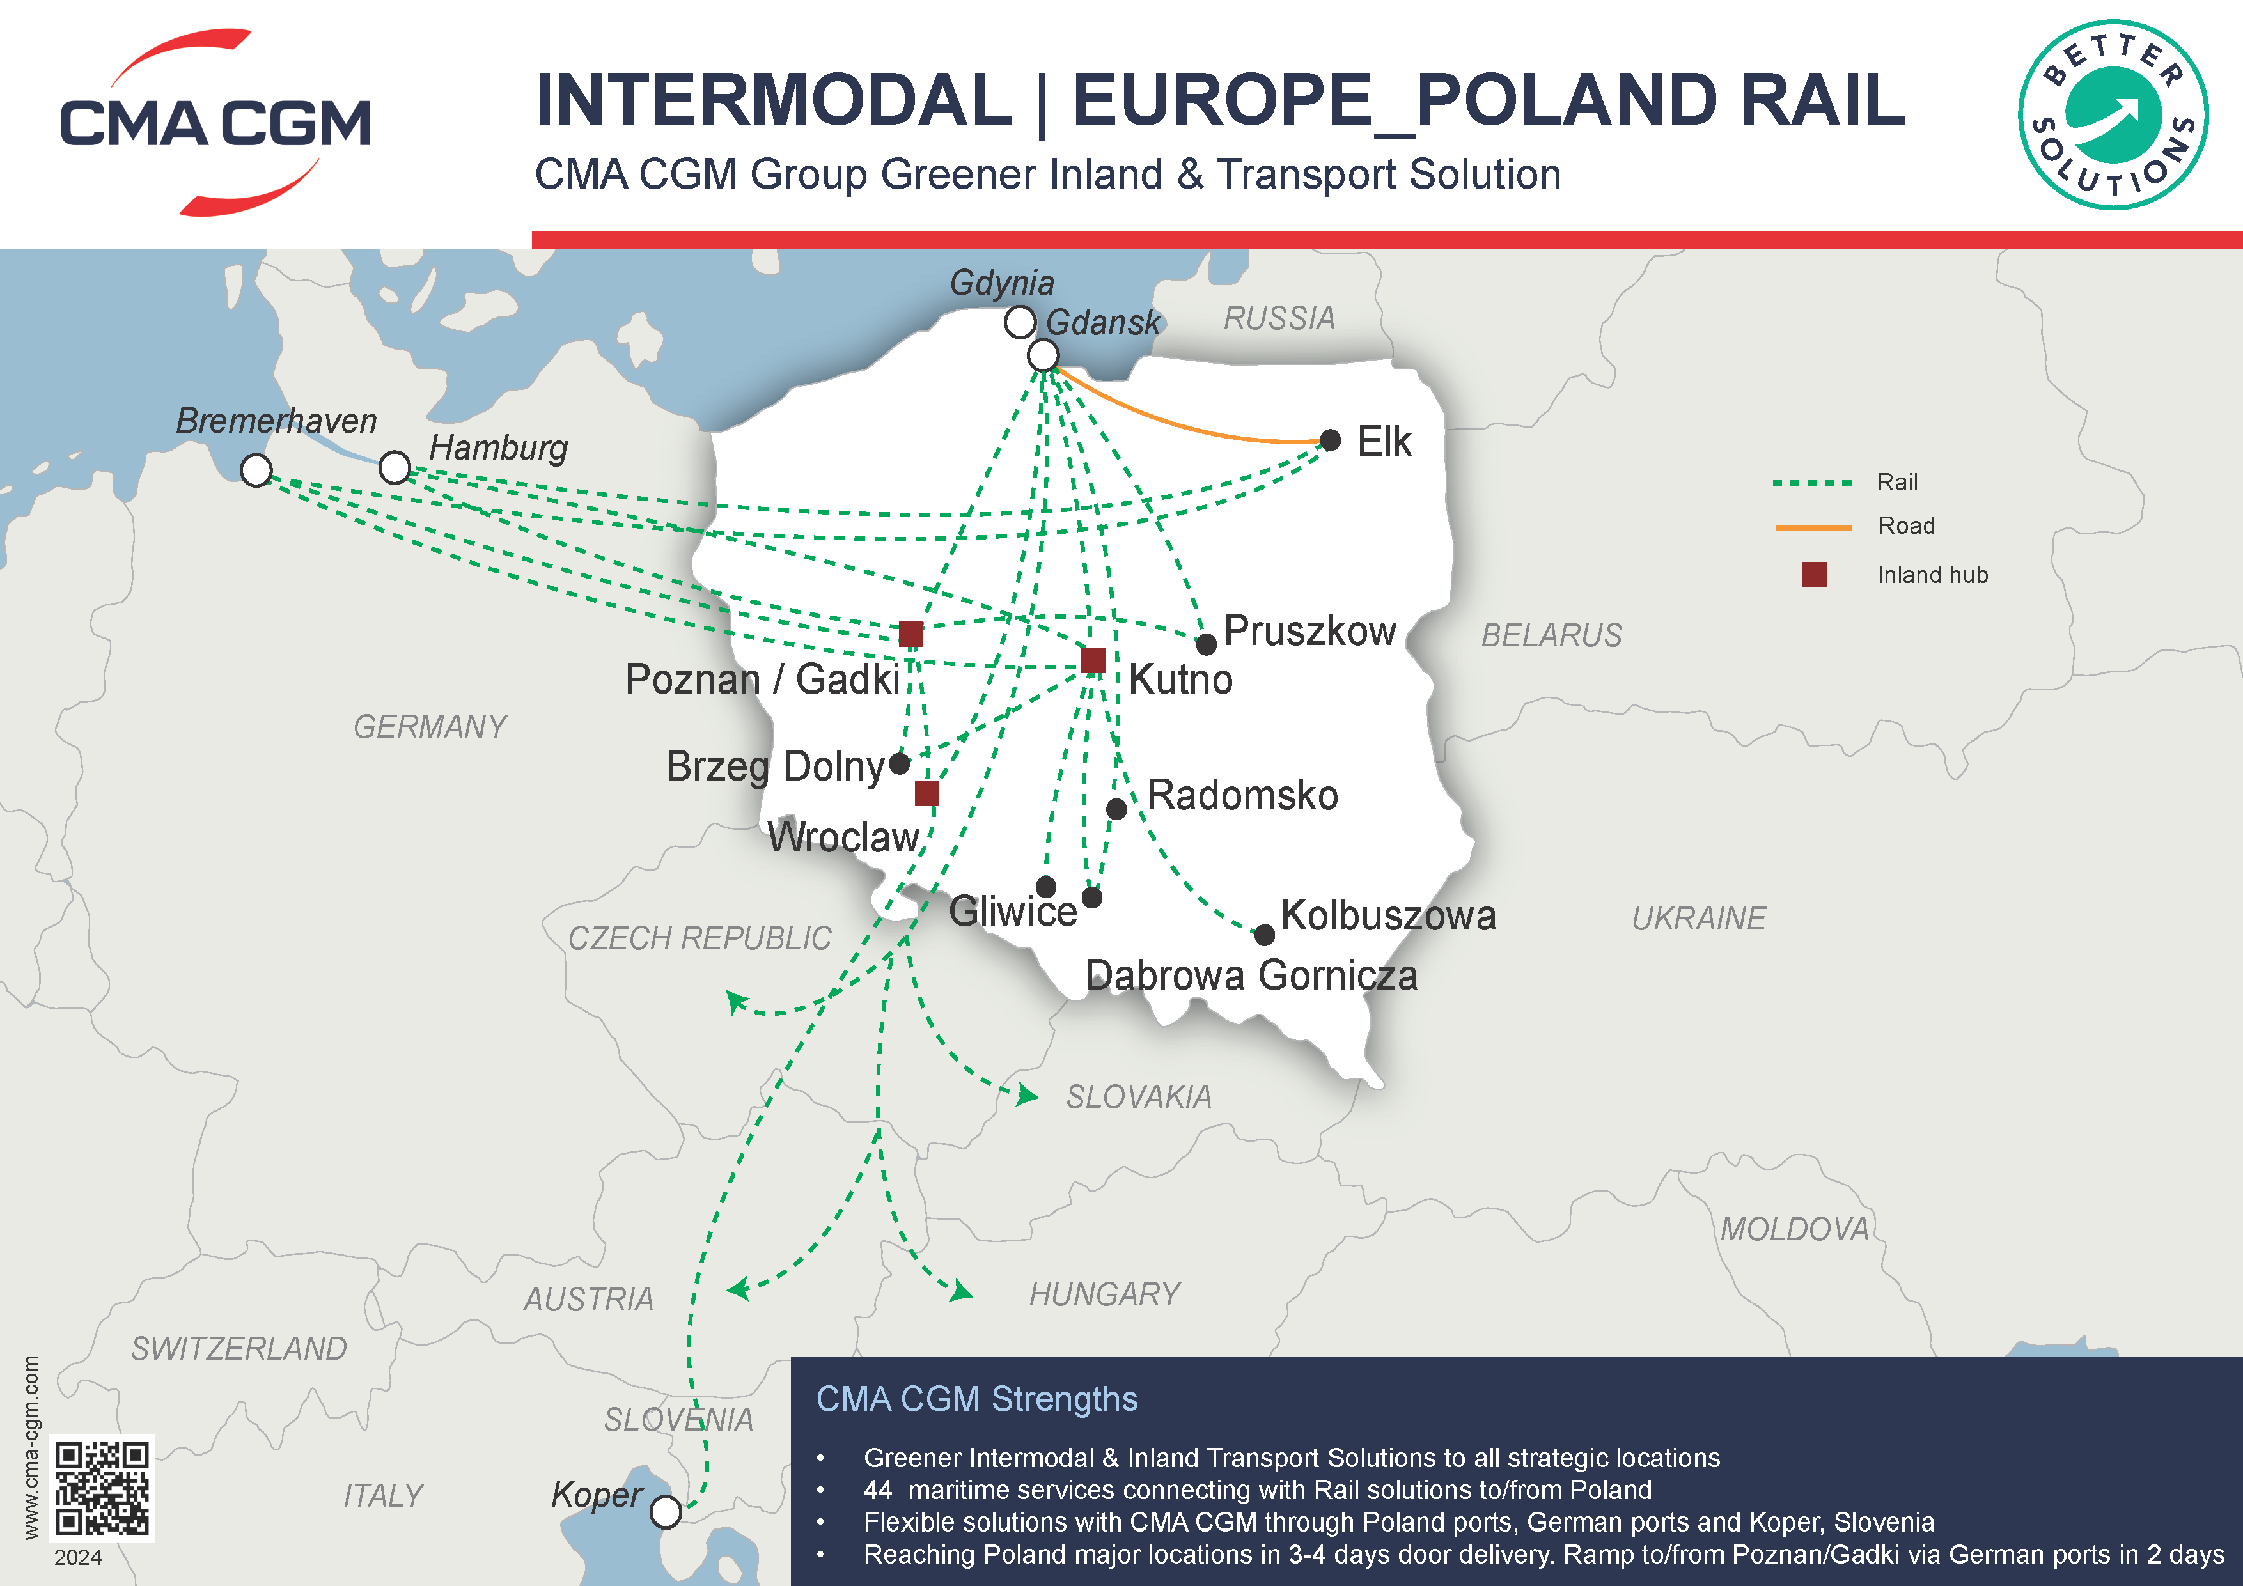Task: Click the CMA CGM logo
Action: (x=215, y=122)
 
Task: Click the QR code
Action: (x=102, y=1488)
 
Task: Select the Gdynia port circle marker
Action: (x=1020, y=322)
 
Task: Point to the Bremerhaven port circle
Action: (x=256, y=470)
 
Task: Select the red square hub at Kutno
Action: (x=1093, y=660)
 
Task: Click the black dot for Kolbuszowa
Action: (x=1264, y=935)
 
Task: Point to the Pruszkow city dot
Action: (x=1207, y=644)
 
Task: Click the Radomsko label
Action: (x=1242, y=795)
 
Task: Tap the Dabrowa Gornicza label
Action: (x=1251, y=976)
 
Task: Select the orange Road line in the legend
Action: (x=1813, y=527)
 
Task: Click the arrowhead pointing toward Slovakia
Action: (x=1028, y=1096)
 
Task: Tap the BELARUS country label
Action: (x=1551, y=636)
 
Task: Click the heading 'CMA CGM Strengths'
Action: (x=977, y=1399)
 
